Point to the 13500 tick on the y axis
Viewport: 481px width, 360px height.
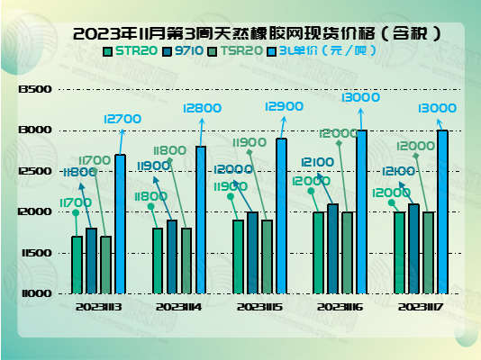33,90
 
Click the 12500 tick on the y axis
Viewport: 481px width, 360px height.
33,171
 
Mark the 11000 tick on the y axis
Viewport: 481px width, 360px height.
33,293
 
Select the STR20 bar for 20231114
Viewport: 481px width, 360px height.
158,260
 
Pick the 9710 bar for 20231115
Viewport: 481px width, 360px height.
252,252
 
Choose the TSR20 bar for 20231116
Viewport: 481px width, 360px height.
348,252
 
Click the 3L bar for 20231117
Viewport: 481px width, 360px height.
442,211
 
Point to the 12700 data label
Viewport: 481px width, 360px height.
123,119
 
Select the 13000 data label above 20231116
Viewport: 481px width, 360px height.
361,96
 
